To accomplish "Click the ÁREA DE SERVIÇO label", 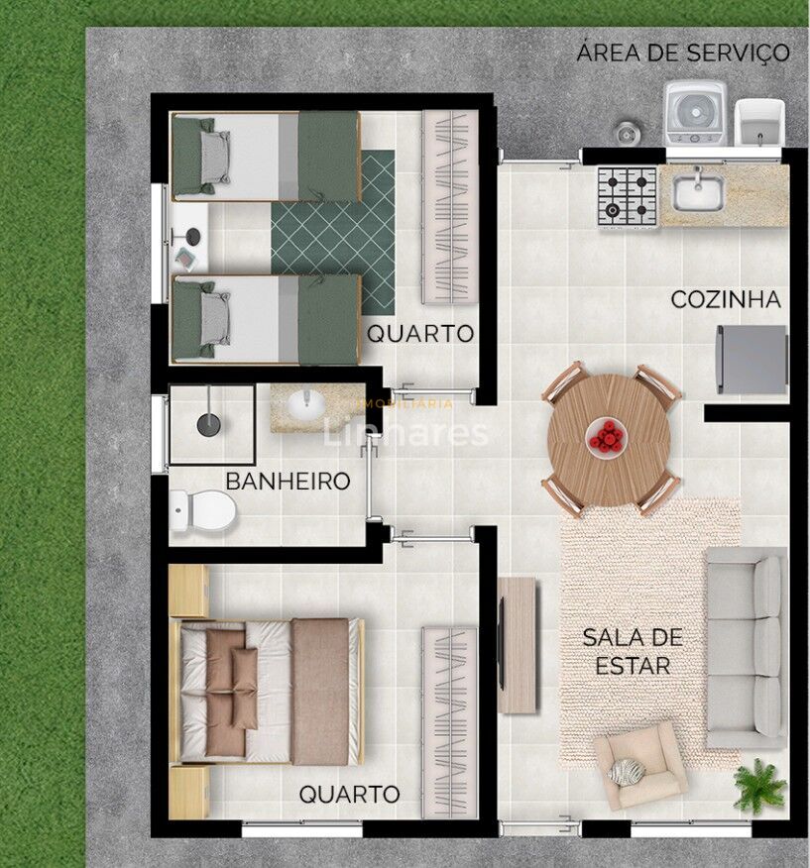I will [683, 53].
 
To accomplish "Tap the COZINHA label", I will [725, 299].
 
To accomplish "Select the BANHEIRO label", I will [288, 482].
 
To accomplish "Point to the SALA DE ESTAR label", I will [626, 651].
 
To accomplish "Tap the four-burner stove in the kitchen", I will [627, 195].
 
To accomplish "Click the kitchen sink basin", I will [698, 191].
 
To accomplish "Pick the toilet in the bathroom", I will [202, 511].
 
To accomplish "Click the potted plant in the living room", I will [761, 783].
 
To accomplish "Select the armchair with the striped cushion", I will [639, 765].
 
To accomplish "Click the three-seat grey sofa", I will [747, 647].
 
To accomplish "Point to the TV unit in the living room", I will [516, 645].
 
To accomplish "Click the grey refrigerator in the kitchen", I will [752, 360].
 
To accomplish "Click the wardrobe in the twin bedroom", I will [449, 206].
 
